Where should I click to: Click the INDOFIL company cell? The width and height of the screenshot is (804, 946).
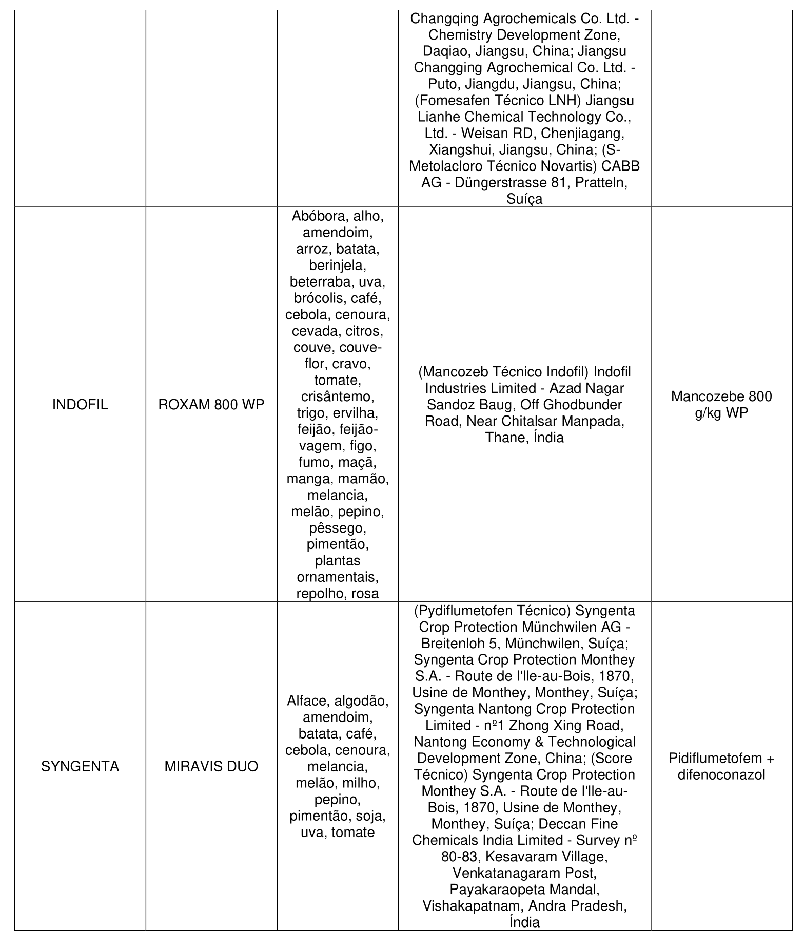pyautogui.click(x=80, y=405)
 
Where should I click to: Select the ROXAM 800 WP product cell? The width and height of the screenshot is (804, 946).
pyautogui.click(x=211, y=405)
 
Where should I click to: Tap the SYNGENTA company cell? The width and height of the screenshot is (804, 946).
pyautogui.click(x=80, y=766)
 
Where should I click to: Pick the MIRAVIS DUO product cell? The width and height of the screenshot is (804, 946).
pyautogui.click(x=211, y=766)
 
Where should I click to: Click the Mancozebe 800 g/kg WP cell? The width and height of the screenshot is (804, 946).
pyautogui.click(x=721, y=405)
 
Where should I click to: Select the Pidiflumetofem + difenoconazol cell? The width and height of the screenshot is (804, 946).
pyautogui.click(x=721, y=766)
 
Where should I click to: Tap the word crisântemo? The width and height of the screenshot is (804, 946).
pyautogui.click(x=337, y=396)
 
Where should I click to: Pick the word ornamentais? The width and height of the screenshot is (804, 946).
pyautogui.click(x=337, y=577)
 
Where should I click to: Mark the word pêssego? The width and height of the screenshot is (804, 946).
pyautogui.click(x=337, y=528)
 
